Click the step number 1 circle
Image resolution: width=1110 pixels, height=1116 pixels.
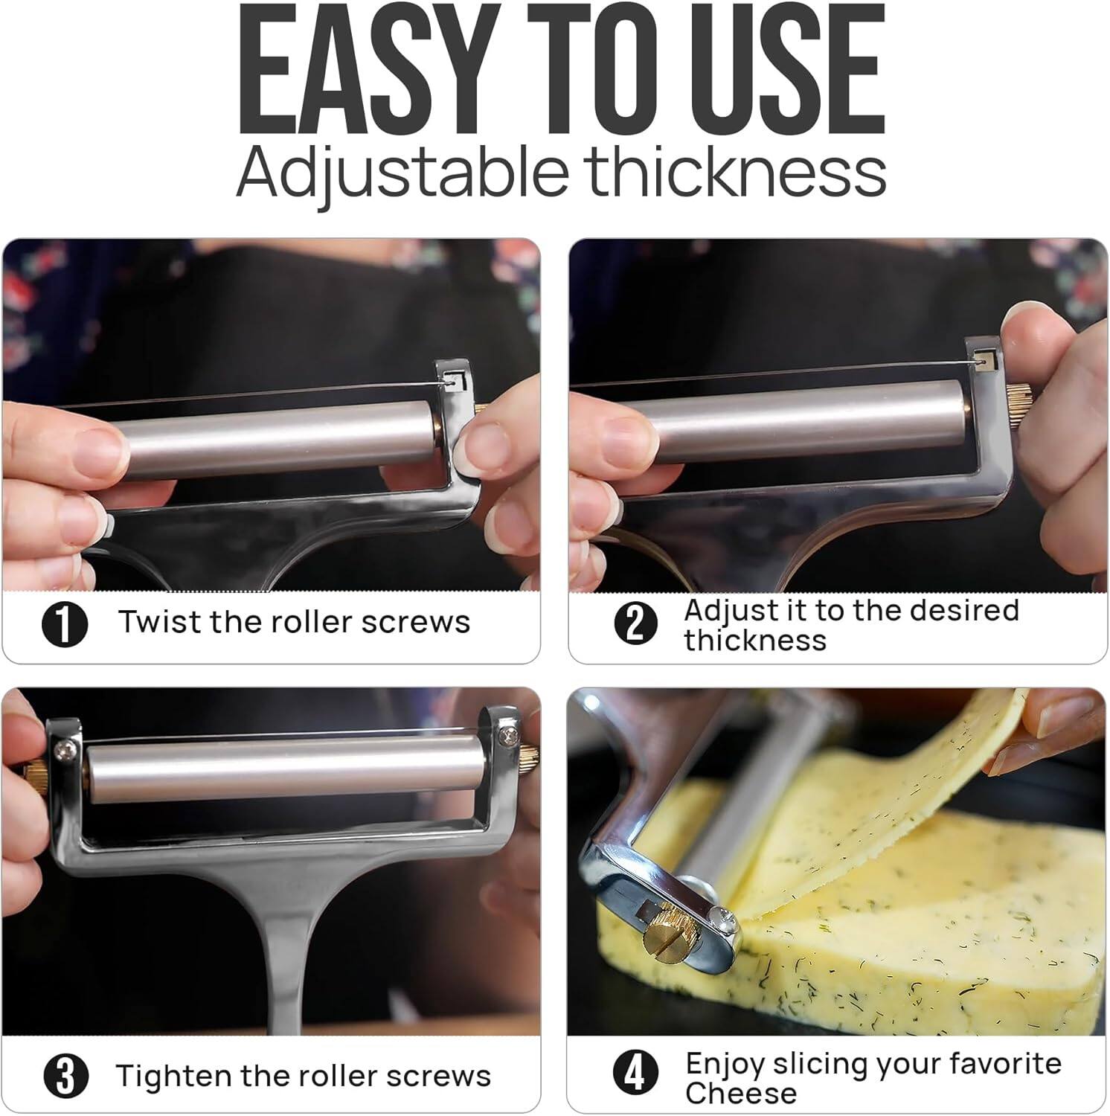pyautogui.click(x=65, y=623)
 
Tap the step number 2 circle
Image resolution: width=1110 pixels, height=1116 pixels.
pyautogui.click(x=635, y=623)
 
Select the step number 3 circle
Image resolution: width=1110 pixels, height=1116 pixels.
pyautogui.click(x=66, y=1076)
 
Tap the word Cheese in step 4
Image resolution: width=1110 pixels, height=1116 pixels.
pyautogui.click(x=740, y=1093)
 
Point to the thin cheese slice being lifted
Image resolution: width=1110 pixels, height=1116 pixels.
pyautogui.click(x=893, y=789)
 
